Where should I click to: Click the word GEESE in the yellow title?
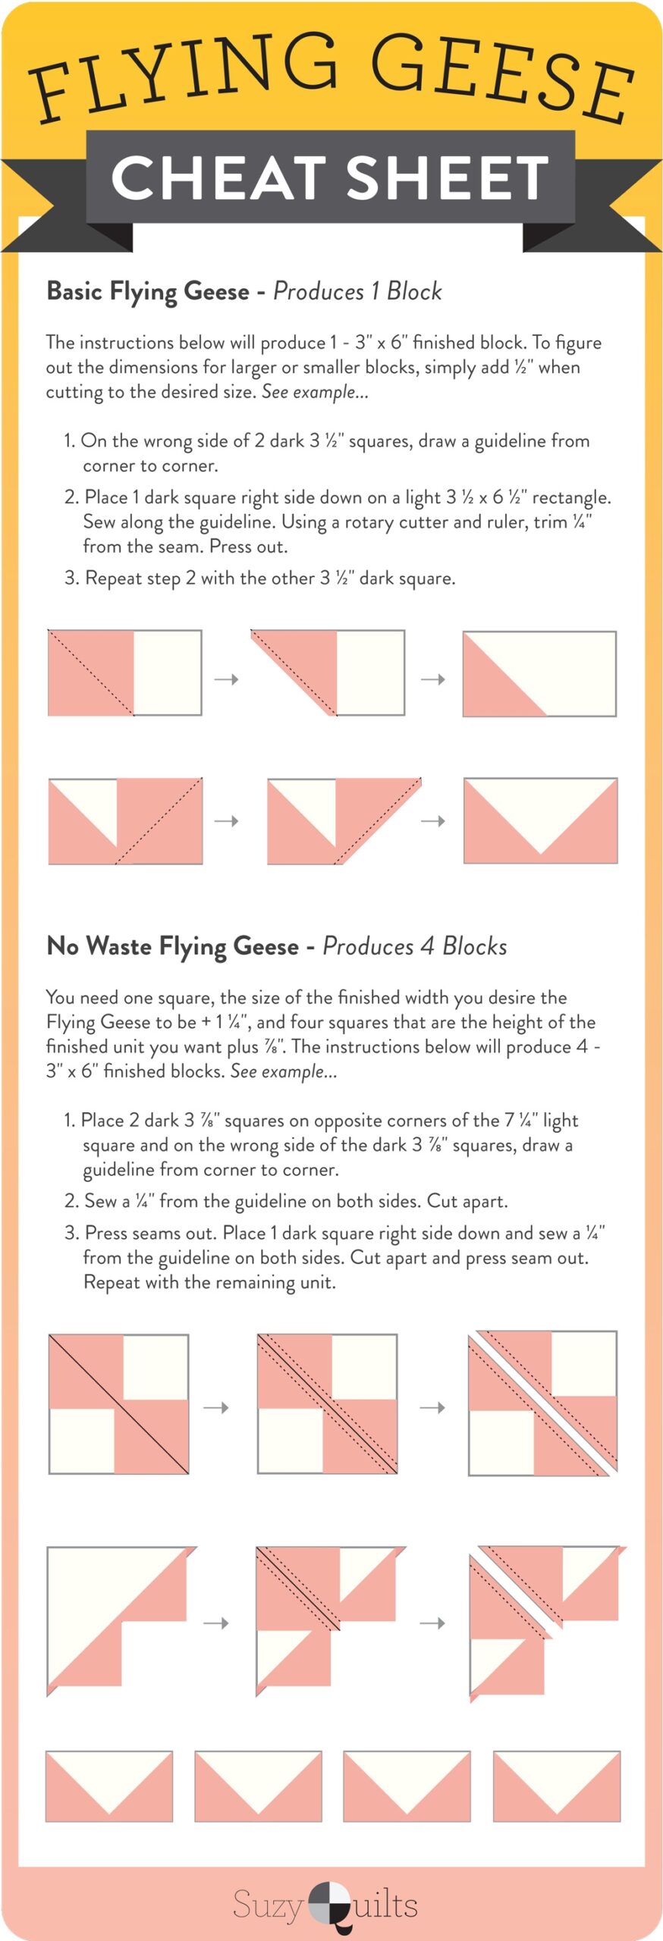click(501, 76)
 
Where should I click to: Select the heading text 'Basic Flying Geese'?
click(148, 291)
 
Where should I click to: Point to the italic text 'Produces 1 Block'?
click(357, 291)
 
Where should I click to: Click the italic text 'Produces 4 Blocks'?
click(414, 946)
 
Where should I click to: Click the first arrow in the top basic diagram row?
click(226, 679)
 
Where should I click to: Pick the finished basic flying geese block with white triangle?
click(540, 820)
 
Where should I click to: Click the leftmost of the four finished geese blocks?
click(109, 1786)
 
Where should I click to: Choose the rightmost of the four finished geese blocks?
click(557, 1786)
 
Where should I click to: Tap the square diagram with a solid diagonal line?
click(118, 1404)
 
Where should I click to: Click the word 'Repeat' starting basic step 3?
click(112, 578)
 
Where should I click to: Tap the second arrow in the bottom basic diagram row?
click(432, 820)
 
